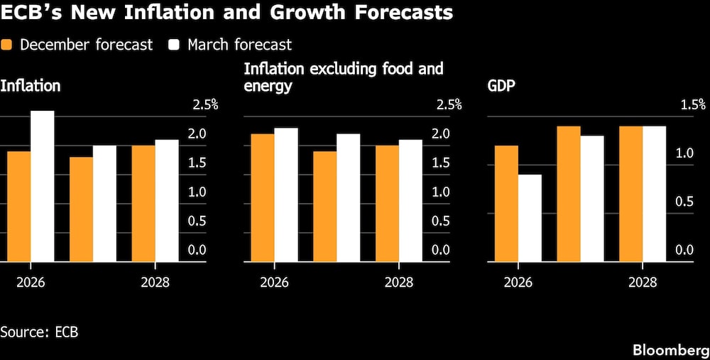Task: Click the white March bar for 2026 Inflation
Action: [x=42, y=186]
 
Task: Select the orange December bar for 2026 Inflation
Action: [x=18, y=206]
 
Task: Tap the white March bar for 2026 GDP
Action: [x=530, y=218]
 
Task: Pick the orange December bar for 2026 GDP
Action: [x=506, y=203]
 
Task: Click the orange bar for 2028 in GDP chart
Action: [x=631, y=194]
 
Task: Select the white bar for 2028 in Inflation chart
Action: [x=167, y=200]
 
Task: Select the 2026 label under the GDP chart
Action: [x=518, y=282]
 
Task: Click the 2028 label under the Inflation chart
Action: [x=155, y=282]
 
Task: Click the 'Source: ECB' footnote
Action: [x=39, y=332]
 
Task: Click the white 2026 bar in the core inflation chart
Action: [x=286, y=195]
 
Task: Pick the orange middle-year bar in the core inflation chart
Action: [x=325, y=206]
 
